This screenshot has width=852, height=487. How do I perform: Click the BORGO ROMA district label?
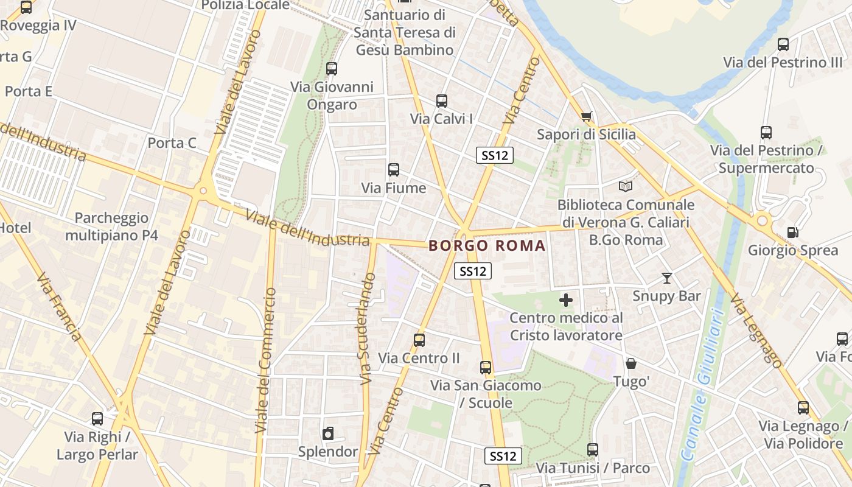click(x=487, y=246)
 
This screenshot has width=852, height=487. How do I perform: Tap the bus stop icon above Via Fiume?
click(x=394, y=170)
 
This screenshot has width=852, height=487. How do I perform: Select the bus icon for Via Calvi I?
click(x=442, y=101)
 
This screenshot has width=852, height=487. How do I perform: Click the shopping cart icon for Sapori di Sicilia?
click(x=586, y=116)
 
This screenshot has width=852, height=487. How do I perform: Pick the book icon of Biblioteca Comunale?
click(x=626, y=186)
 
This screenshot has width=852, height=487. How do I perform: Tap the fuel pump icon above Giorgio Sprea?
click(x=792, y=232)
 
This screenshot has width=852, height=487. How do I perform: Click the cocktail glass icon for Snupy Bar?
click(x=667, y=278)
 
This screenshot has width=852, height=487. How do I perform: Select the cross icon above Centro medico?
click(x=566, y=300)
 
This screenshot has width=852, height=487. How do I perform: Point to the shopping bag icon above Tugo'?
click(x=631, y=363)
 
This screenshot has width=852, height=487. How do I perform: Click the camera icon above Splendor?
click(x=328, y=433)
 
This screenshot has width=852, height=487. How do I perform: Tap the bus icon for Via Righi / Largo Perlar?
click(x=97, y=419)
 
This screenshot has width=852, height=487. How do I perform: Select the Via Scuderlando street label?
click(x=367, y=329)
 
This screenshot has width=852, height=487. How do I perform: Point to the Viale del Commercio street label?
click(x=267, y=360)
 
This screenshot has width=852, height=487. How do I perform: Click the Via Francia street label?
click(x=58, y=307)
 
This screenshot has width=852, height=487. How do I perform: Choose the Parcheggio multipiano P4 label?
click(x=111, y=226)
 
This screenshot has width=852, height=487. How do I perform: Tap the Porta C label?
click(x=172, y=143)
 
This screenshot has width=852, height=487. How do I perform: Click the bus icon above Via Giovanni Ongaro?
click(x=332, y=69)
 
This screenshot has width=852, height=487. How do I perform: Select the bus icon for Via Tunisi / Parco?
click(x=593, y=450)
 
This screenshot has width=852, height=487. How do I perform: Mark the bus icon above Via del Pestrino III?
click(x=783, y=44)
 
